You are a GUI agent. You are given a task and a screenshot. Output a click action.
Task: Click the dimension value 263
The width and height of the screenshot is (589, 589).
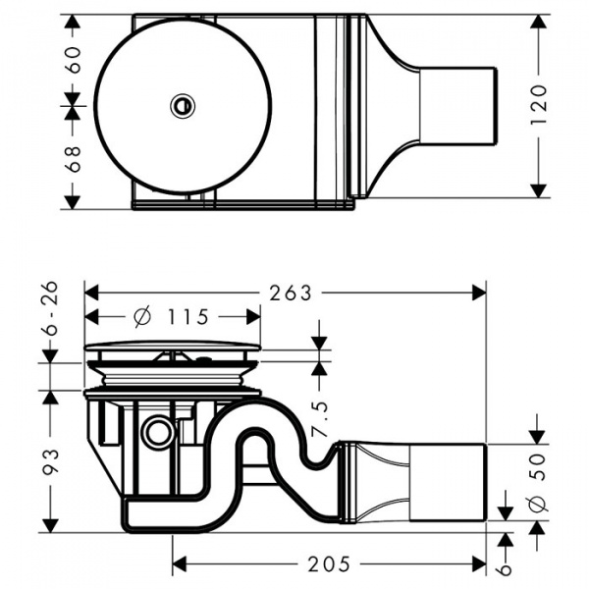point(291,293)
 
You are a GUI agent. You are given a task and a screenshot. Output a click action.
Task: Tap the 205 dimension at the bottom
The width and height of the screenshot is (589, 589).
point(329,563)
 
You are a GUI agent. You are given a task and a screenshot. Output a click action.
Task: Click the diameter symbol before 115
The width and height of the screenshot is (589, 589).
point(140,316)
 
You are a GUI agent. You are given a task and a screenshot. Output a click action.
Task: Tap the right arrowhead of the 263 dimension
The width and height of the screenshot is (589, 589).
point(480,293)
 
